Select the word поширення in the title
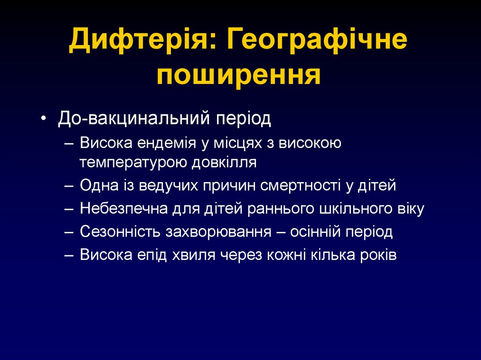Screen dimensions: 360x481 click(239, 75)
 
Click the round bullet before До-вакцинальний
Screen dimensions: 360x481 click(44, 119)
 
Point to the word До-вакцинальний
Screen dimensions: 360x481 click(134, 118)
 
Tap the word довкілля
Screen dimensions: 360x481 click(224, 162)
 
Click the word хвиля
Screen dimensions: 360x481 click(207, 255)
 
